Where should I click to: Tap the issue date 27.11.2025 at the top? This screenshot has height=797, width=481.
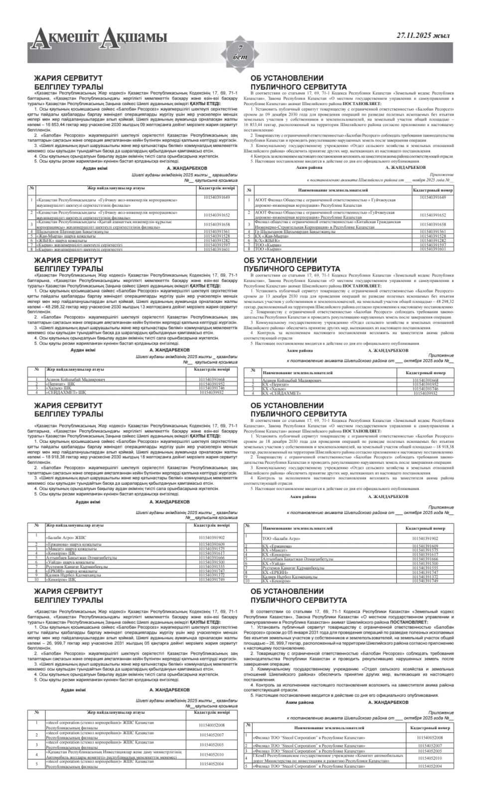pos(423,35)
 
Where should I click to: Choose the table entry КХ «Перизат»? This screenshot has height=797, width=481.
pos(278,385)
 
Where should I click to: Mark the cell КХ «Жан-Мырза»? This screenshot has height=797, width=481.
pos(272,236)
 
